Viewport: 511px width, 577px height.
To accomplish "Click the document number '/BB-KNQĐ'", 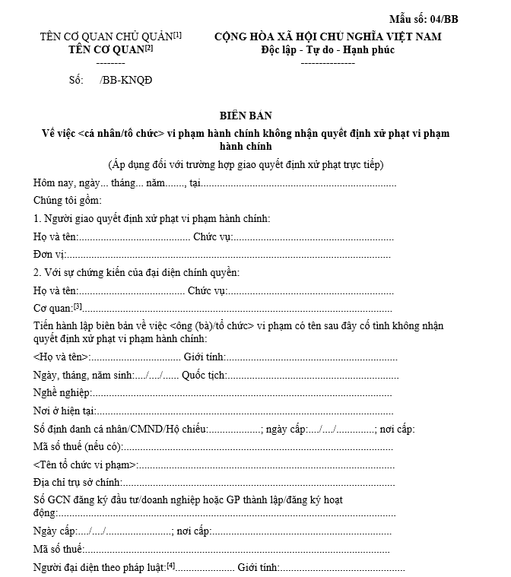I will click(x=121, y=79).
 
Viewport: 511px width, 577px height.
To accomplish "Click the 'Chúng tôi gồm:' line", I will click(x=68, y=201).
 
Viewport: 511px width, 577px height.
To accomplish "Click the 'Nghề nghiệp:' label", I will click(x=62, y=393).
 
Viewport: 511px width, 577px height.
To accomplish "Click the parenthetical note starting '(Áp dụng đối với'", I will click(x=245, y=164).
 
